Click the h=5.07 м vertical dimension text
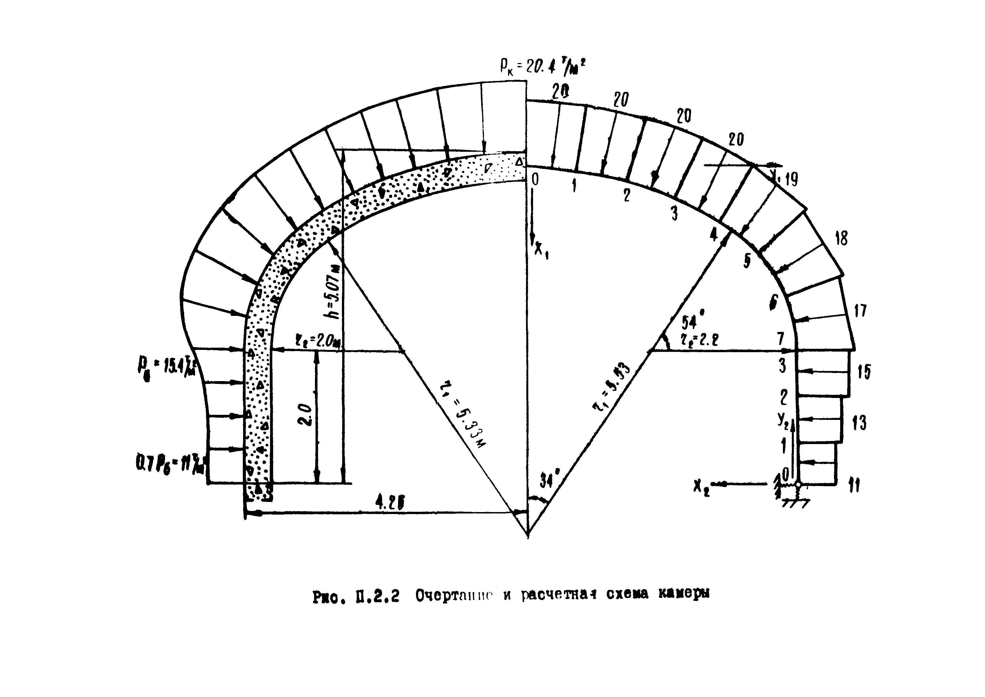(x=333, y=292)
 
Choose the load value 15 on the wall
(x=864, y=372)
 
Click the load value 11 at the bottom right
(x=854, y=486)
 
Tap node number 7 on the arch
(x=781, y=339)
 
